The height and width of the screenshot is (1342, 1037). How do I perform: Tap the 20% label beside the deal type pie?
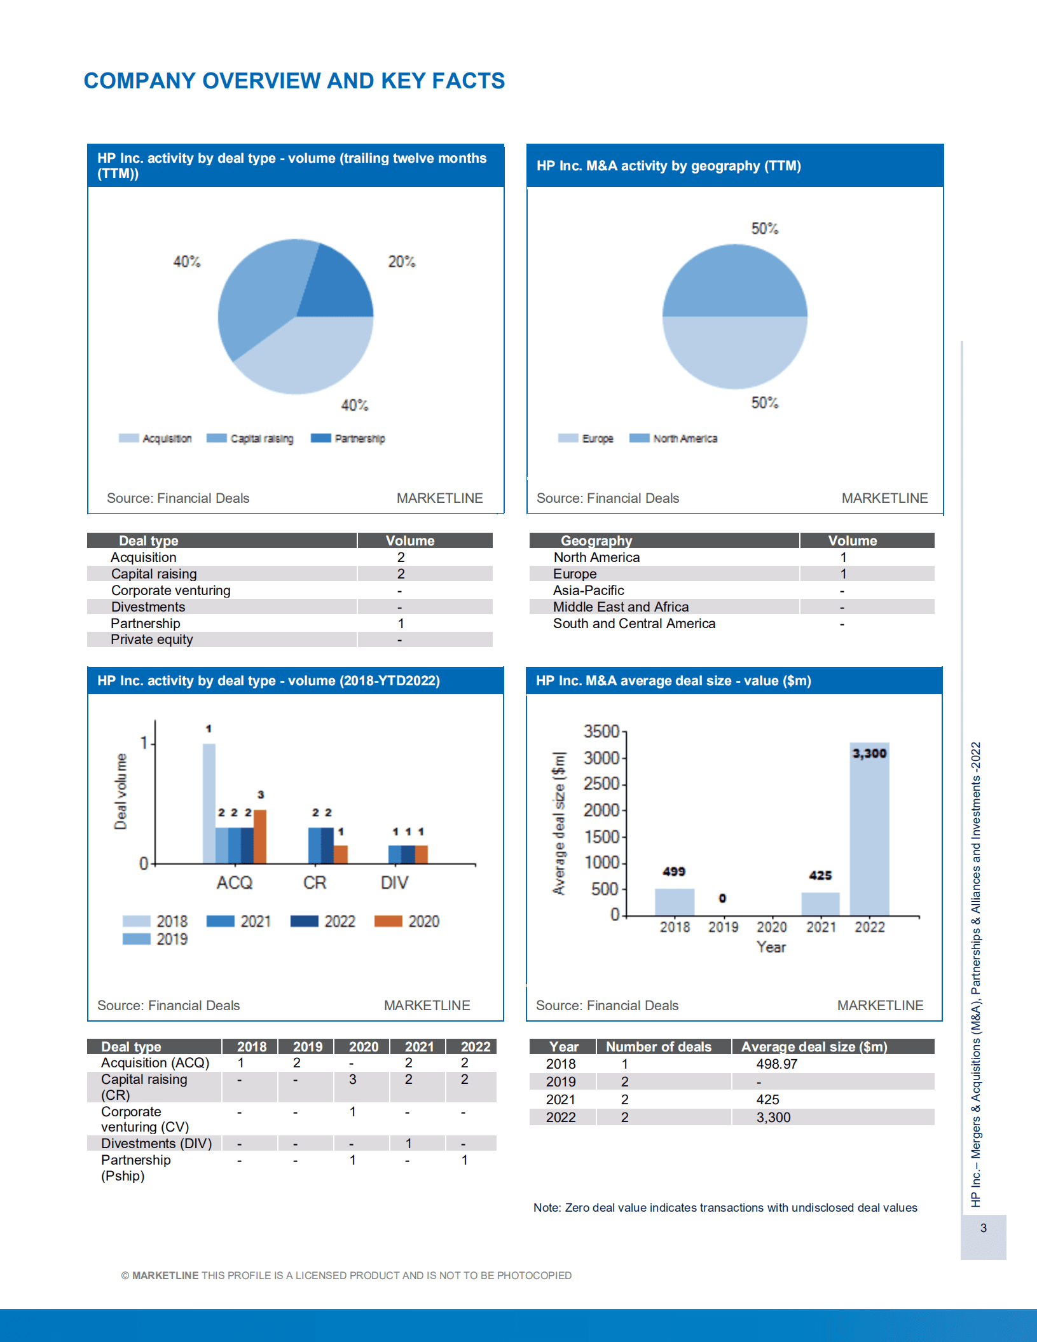(x=401, y=261)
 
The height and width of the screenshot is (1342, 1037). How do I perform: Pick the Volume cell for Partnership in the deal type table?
(x=401, y=624)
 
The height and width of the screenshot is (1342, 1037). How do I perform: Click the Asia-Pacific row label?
(x=588, y=591)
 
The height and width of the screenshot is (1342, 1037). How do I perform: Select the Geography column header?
(x=596, y=541)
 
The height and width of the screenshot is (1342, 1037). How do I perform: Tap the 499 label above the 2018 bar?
(x=674, y=872)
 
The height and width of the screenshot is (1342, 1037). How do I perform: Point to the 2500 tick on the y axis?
(x=601, y=784)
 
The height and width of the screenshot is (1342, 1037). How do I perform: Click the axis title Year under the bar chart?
(x=771, y=947)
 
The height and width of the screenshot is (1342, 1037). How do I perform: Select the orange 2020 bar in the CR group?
(x=341, y=854)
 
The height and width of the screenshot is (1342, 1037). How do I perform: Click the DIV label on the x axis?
(x=394, y=883)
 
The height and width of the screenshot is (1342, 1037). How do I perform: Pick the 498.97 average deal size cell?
(x=776, y=1064)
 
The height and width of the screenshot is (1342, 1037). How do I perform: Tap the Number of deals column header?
(x=658, y=1047)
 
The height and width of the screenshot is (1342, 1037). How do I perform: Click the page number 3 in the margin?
(x=983, y=1228)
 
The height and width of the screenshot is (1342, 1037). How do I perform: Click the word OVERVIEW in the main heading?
(x=261, y=81)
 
